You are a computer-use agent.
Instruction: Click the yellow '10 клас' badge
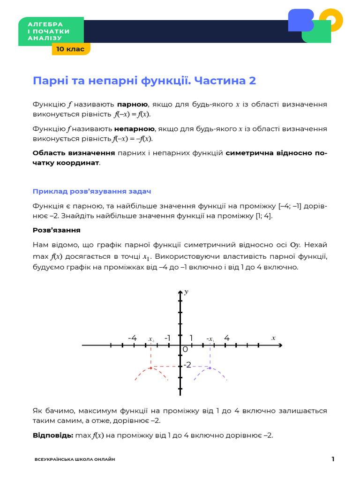[71, 49]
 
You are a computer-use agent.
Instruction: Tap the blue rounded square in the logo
[300, 20]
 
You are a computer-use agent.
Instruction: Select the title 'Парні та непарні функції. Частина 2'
[144, 81]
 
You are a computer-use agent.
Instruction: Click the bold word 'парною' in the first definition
[132, 104]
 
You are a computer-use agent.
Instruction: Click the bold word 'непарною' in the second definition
[134, 128]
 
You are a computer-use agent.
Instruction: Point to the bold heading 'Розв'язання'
[56, 230]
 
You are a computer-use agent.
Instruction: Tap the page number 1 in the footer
[333, 459]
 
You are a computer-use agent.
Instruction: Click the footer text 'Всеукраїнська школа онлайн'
[75, 460]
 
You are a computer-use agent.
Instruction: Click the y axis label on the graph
[187, 292]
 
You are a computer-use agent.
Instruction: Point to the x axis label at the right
[273, 337]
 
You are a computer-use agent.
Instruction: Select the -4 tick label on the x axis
[132, 338]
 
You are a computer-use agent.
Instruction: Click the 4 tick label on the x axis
[227, 338]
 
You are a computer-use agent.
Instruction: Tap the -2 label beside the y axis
[187, 365]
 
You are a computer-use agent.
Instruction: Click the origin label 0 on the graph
[185, 350]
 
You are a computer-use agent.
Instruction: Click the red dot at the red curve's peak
[150, 368]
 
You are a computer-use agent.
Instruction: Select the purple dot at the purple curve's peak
[210, 368]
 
